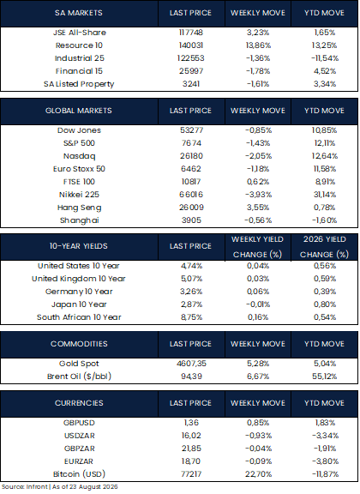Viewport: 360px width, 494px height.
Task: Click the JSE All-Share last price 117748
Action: tap(190, 33)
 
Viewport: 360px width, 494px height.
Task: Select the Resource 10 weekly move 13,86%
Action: tap(258, 45)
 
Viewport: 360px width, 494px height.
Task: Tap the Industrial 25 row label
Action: tap(80, 58)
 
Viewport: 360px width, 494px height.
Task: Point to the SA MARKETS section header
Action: tap(78, 13)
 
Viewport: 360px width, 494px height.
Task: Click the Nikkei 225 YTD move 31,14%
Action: tap(324, 195)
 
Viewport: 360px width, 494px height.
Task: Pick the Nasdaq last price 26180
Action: tap(191, 156)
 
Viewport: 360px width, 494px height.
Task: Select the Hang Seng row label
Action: tap(80, 208)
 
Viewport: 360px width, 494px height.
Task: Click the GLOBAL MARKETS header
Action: tap(78, 111)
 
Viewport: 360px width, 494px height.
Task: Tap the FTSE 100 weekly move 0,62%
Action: tap(258, 182)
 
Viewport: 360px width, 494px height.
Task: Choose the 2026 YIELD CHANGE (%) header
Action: tap(324, 247)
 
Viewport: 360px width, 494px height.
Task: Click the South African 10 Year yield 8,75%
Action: tap(191, 317)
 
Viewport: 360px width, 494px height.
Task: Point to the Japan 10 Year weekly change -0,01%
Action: tap(258, 304)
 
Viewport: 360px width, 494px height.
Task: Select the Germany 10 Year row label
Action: tap(79, 292)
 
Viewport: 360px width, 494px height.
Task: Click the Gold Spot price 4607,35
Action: tap(191, 364)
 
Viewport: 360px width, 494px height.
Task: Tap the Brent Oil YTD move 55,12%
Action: tap(324, 377)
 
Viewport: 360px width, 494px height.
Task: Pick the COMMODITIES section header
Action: tap(79, 344)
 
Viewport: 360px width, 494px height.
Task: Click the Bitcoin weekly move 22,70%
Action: tap(258, 474)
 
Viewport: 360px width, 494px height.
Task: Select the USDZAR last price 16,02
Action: tap(191, 436)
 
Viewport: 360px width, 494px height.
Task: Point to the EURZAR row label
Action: tap(79, 461)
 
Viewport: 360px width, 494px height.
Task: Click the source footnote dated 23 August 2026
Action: tap(60, 487)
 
